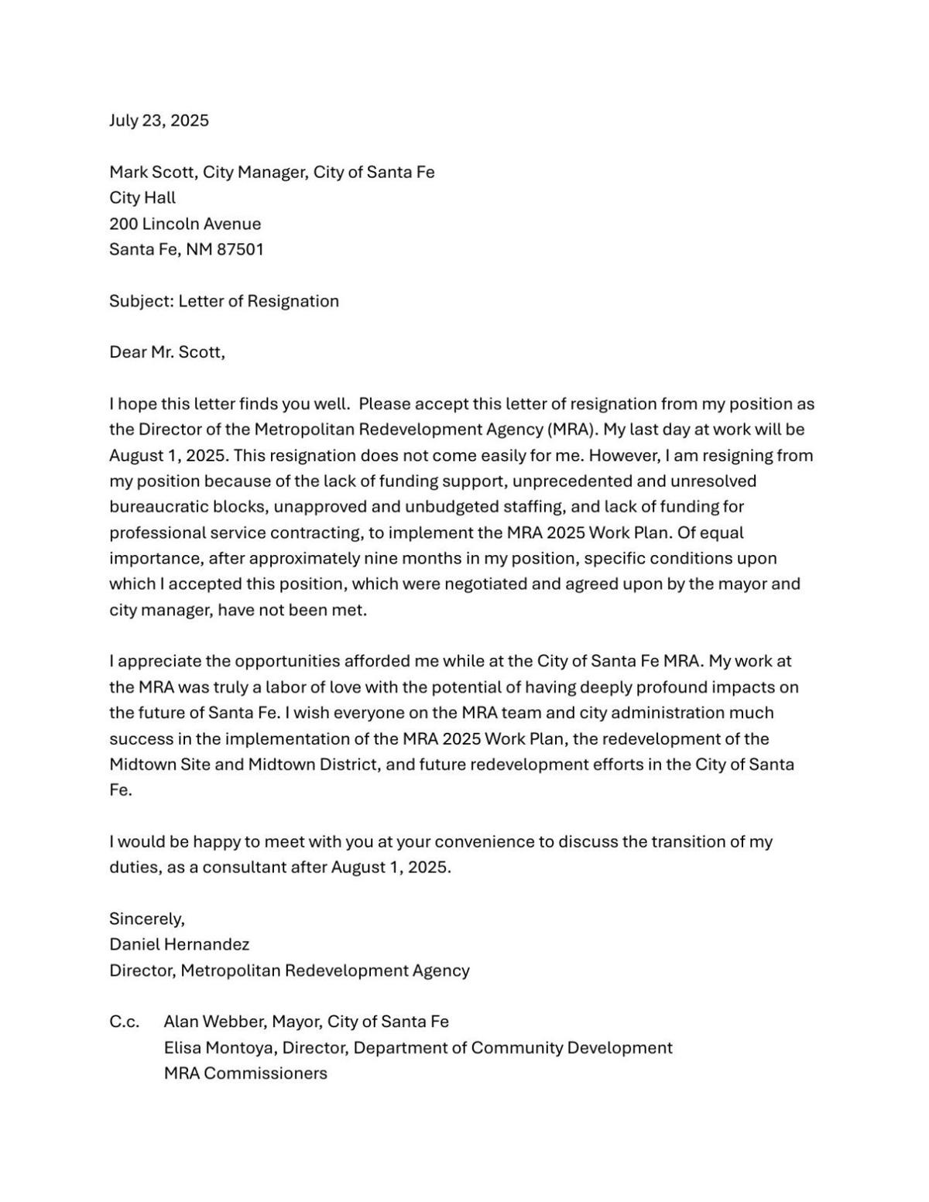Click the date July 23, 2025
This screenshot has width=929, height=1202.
tap(159, 121)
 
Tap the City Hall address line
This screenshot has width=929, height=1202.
tap(142, 197)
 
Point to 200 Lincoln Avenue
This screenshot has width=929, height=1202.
tap(185, 224)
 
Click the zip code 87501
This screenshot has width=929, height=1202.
tap(240, 249)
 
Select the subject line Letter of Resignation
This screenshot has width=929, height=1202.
tap(259, 301)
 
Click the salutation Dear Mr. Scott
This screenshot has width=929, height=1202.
tap(166, 352)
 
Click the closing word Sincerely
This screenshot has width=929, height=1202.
tap(146, 919)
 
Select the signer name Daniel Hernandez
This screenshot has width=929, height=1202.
tap(179, 944)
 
